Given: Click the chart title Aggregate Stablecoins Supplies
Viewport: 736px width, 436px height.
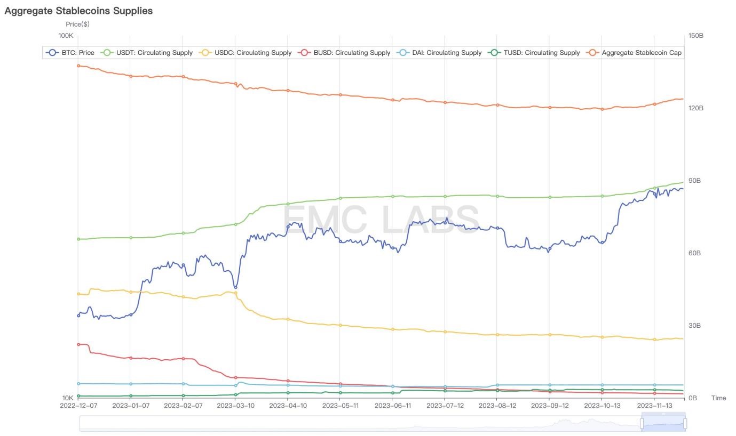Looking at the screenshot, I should (x=78, y=11).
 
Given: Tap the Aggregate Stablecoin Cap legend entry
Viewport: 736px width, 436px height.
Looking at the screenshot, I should (x=635, y=53).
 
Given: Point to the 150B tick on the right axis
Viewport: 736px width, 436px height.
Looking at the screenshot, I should (x=695, y=36).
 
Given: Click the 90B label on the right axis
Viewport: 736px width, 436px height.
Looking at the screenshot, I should (x=694, y=181).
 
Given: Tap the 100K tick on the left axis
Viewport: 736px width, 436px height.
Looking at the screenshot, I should (x=66, y=36).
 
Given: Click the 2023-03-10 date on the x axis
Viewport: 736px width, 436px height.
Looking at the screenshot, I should (x=235, y=406).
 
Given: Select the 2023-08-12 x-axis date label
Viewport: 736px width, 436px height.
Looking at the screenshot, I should (x=497, y=406).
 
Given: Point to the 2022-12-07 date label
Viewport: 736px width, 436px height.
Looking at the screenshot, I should (x=78, y=406).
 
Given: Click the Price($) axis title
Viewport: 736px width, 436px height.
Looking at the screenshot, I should (x=77, y=24).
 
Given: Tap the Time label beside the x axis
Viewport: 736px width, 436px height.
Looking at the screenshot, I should (x=718, y=398).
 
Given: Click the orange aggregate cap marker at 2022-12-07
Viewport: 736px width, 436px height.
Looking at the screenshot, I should (x=78, y=66).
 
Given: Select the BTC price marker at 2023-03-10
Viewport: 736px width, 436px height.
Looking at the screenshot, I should (x=235, y=287).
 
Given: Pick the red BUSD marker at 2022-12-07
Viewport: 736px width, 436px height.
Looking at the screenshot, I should (x=78, y=344).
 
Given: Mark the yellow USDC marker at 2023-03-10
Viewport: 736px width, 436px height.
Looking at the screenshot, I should (x=235, y=293).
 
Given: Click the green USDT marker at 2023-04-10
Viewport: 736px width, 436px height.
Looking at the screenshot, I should (x=288, y=204).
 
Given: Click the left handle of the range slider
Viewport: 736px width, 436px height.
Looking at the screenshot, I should (x=642, y=423).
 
